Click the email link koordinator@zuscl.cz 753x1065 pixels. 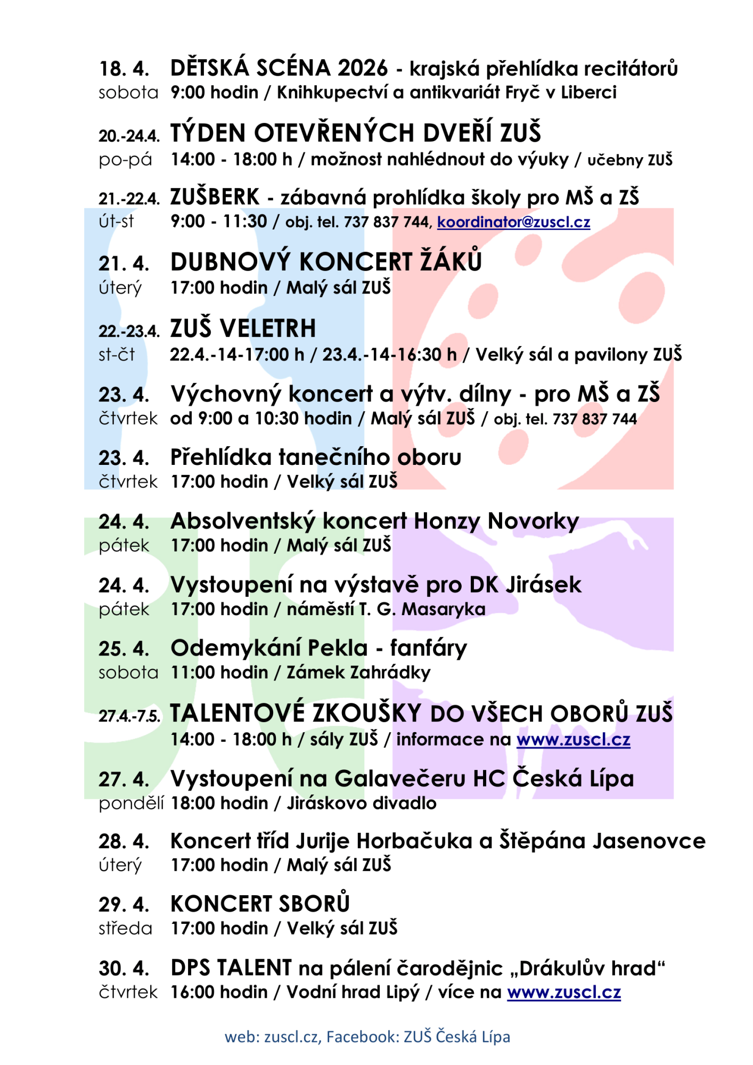(x=513, y=222)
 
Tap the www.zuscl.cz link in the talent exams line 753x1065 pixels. (x=573, y=740)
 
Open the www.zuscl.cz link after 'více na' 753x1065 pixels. (x=563, y=993)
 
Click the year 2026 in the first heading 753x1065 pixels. (x=363, y=69)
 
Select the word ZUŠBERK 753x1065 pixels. (x=215, y=198)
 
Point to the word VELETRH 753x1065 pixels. (x=268, y=329)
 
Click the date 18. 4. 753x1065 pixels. (x=124, y=69)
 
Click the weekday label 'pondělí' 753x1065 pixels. (x=131, y=804)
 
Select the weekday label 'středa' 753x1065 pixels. (x=125, y=929)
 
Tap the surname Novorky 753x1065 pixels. (x=533, y=521)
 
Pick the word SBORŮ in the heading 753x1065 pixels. (x=314, y=904)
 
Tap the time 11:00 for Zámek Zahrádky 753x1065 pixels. (x=192, y=673)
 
